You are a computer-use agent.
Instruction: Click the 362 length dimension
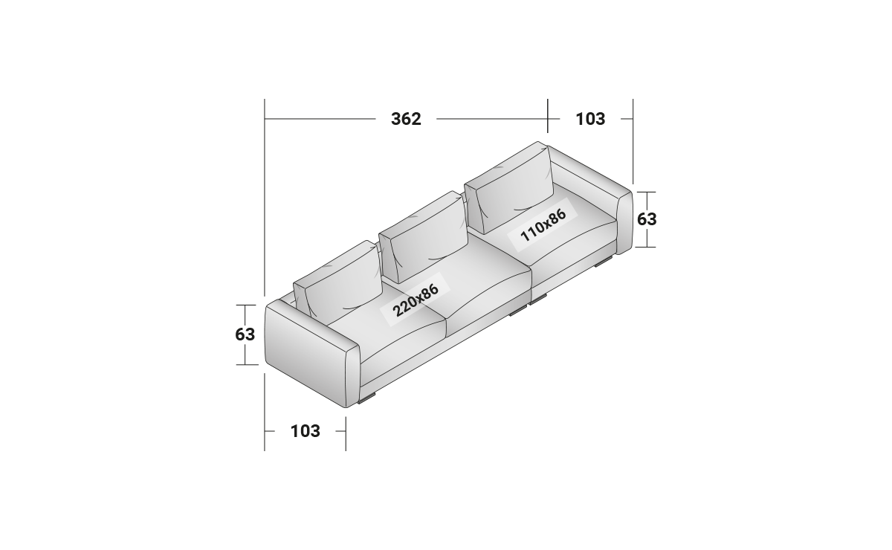(406, 119)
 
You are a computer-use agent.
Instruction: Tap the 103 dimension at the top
(590, 119)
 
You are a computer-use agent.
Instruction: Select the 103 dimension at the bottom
(305, 430)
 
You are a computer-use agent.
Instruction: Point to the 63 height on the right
(647, 219)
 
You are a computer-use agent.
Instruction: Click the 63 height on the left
(245, 334)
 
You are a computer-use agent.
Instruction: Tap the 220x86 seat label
(416, 300)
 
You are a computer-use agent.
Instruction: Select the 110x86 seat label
(543, 224)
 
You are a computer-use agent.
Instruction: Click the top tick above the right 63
(647, 192)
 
